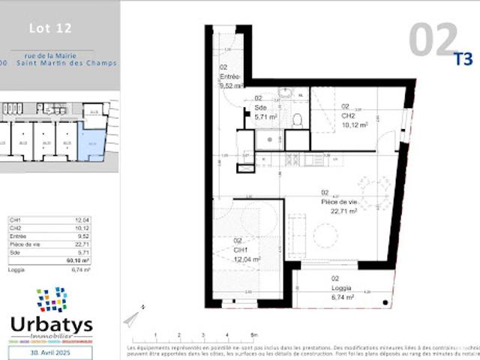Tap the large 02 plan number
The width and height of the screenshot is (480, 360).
pos(433,40)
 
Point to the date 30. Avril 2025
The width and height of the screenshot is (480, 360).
pos(51,352)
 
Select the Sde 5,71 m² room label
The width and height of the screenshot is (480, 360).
pos(266,112)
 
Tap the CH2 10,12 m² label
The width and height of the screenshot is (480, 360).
pos(354,120)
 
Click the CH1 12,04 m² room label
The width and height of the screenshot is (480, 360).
pos(247,254)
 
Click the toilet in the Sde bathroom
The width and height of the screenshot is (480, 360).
pos(297,119)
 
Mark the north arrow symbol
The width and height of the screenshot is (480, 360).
pos(132,319)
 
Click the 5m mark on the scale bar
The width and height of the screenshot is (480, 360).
pos(254,335)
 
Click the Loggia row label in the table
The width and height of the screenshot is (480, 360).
pos(16,269)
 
